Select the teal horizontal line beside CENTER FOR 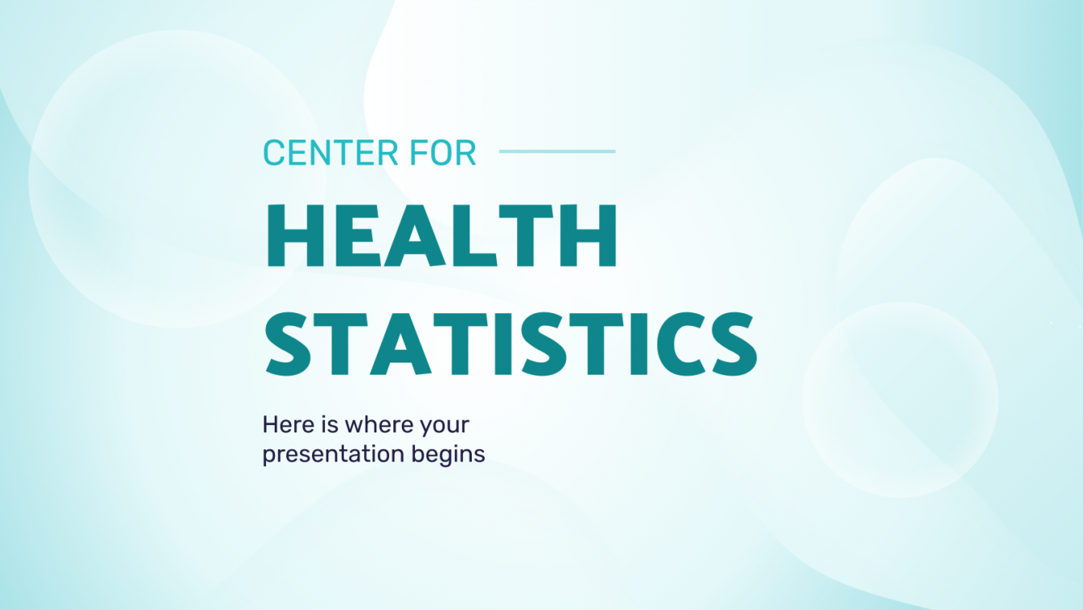(x=557, y=151)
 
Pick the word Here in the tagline (x=285, y=424)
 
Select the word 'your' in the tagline (x=446, y=426)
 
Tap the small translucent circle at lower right (x=900, y=399)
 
